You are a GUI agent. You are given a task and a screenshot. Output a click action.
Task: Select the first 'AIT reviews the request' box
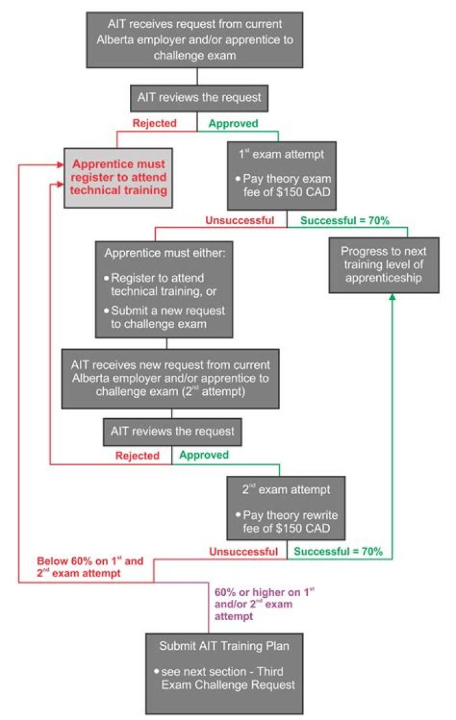198,99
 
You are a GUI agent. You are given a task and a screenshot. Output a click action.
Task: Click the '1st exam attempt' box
282,175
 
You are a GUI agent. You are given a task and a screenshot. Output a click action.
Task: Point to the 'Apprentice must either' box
164,287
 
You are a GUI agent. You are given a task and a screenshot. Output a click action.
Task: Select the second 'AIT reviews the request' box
172,432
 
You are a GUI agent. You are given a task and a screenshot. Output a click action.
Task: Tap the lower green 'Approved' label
204,455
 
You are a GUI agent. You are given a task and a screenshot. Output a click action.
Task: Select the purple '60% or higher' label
264,604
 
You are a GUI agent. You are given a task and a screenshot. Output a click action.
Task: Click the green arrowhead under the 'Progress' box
393,297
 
